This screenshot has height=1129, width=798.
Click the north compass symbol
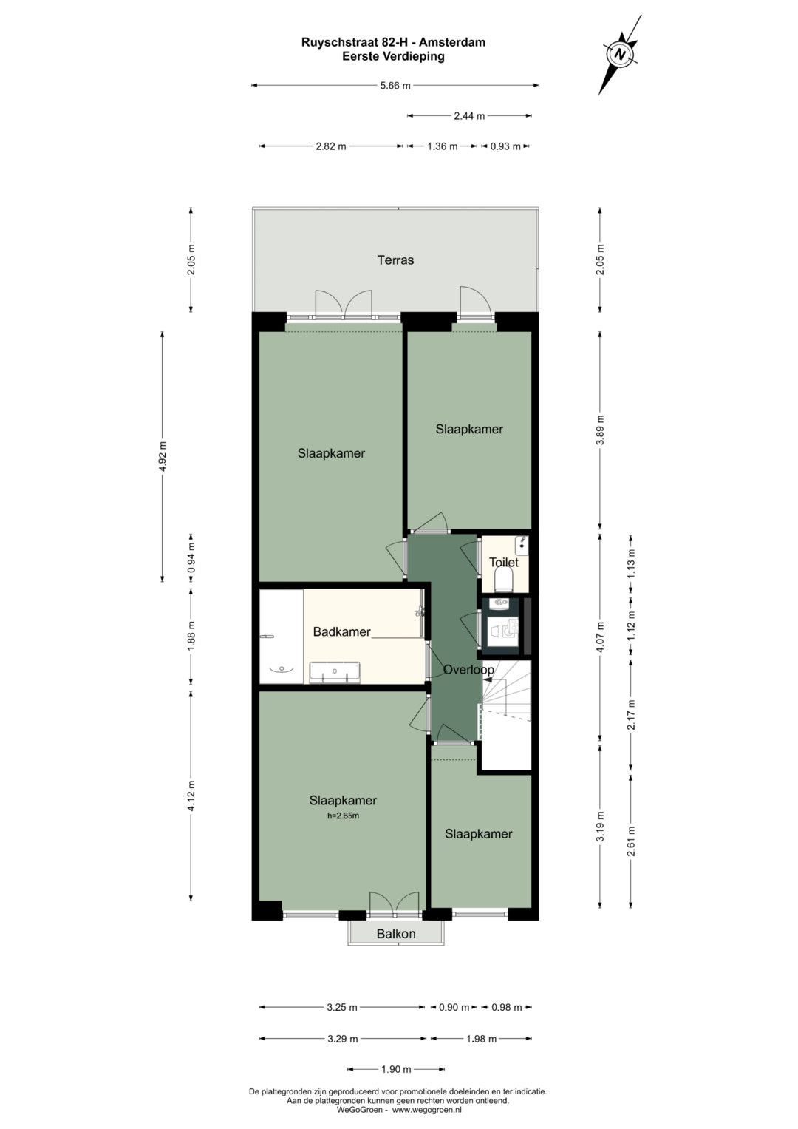(620, 55)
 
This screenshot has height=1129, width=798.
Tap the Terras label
(395, 260)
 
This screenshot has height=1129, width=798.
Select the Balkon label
(396, 934)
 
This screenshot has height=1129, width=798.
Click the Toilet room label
(504, 562)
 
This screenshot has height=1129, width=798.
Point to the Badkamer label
(341, 631)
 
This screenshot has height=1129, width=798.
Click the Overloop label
(468, 669)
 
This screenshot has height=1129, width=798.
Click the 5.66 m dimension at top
(395, 86)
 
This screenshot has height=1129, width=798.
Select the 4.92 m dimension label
(163, 457)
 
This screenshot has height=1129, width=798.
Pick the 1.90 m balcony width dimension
(396, 1070)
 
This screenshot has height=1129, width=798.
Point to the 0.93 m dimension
(505, 146)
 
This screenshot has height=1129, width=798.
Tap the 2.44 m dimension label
(469, 116)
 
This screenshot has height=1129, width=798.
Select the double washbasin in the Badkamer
(335, 672)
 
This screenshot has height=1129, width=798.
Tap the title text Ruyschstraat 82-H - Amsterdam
(393, 42)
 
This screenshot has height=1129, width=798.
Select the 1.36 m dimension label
(443, 146)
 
